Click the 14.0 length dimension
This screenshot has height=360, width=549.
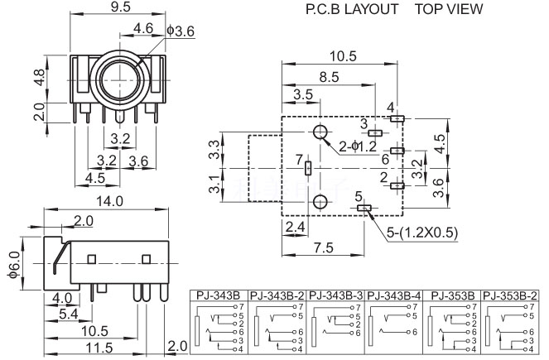pyautogui.click(x=108, y=201)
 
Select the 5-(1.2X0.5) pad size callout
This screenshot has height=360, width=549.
pyautogui.click(x=421, y=233)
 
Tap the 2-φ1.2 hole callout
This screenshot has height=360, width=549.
pyautogui.click(x=359, y=147)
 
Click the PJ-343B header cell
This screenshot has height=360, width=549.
pyautogui.click(x=218, y=295)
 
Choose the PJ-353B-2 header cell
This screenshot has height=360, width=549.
pyautogui.click(x=509, y=295)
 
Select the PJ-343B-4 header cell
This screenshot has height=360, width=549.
pyautogui.click(x=393, y=295)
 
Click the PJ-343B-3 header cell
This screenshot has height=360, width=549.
pyautogui.click(x=335, y=295)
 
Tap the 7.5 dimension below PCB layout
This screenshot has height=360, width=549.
pyautogui.click(x=324, y=247)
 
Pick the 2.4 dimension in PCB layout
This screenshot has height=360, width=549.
pyautogui.click(x=295, y=227)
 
